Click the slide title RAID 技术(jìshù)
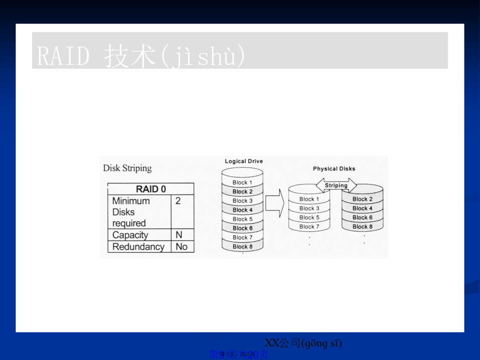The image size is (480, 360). pos(141,56)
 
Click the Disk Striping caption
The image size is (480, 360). pos(127,168)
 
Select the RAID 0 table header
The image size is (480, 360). pos(150,189)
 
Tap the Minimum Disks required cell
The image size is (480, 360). pos(131,212)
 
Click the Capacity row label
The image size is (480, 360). pos(130,235)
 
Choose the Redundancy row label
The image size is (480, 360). pos(138,247)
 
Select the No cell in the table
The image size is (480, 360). pos(181,247)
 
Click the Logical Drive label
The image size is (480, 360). pos(243,161)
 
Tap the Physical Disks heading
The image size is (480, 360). pos(334,169)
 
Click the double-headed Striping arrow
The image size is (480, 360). pos(336,186)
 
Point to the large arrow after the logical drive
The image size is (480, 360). pos(274,204)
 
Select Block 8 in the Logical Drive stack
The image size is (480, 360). pos(242,247)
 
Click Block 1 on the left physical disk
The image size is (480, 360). pos(309,199)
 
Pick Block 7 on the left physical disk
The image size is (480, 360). pos(309,227)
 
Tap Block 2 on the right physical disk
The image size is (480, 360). pos(362,199)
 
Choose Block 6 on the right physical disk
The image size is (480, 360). pos(362,218)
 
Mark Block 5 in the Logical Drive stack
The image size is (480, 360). pos(242,219)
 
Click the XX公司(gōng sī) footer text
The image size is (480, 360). pos(303,343)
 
